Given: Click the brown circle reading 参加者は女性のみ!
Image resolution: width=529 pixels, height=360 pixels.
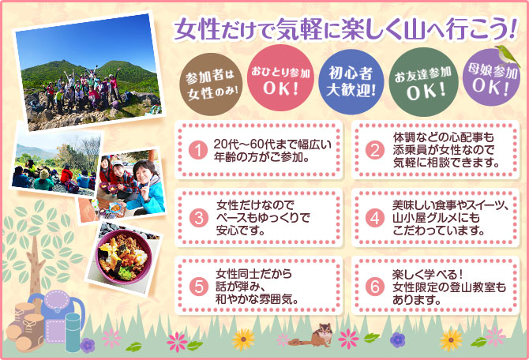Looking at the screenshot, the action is pyautogui.click(x=211, y=84).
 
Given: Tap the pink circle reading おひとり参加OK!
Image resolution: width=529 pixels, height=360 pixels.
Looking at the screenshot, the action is pyautogui.click(x=280, y=78).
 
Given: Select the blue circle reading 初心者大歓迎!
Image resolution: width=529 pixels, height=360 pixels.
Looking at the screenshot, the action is pyautogui.click(x=351, y=82).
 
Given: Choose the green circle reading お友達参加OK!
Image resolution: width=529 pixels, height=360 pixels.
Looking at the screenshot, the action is pyautogui.click(x=423, y=82).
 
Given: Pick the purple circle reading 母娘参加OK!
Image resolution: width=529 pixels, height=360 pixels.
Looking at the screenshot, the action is pyautogui.click(x=491, y=77).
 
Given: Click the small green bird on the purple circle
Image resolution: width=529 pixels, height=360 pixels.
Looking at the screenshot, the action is pyautogui.click(x=506, y=54).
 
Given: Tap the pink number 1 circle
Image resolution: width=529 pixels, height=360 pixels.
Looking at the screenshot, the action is pyautogui.click(x=198, y=151).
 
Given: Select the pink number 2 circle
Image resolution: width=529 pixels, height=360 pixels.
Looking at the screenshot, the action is pyautogui.click(x=375, y=150).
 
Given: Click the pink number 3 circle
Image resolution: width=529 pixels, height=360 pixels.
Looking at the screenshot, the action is pyautogui.click(x=198, y=219).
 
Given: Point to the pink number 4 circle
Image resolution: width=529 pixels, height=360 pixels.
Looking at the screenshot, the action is pyautogui.click(x=375, y=219).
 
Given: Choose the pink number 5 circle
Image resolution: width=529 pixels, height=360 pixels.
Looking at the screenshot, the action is pyautogui.click(x=198, y=287).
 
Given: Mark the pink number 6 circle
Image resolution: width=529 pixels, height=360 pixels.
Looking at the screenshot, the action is pyautogui.click(x=375, y=287).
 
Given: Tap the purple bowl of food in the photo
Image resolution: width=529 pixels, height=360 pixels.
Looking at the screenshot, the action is pyautogui.click(x=123, y=256).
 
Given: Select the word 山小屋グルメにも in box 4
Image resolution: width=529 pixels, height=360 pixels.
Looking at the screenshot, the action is pyautogui.click(x=436, y=218).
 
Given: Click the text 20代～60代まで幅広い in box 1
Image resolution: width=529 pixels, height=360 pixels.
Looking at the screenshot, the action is pyautogui.click(x=272, y=144).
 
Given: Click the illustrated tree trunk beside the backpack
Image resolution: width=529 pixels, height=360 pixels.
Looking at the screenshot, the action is pyautogui.click(x=36, y=267).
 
